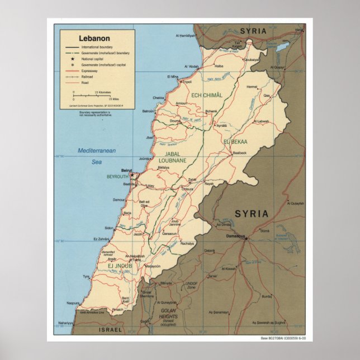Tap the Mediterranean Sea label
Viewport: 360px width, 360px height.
[97, 156]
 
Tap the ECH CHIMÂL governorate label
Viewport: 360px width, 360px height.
[207, 96]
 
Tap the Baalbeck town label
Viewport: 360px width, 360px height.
[239, 153]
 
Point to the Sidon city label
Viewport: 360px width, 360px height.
[110, 228]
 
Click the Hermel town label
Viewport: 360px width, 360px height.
[252, 87]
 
